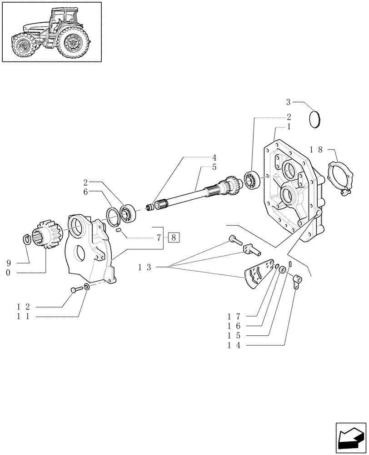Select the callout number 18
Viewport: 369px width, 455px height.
(x=316, y=149)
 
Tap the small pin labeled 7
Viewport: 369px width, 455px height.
(x=119, y=230)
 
